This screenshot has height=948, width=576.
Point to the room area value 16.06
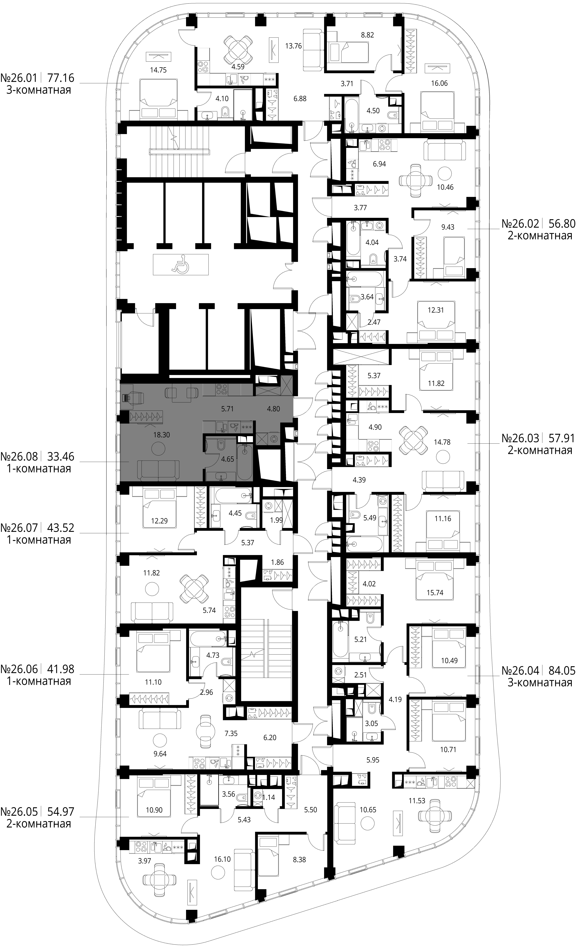click(x=439, y=83)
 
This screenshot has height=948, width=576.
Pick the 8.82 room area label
click(x=367, y=35)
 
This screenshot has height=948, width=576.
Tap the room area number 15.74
click(x=435, y=593)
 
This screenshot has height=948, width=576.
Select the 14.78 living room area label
click(x=442, y=442)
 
